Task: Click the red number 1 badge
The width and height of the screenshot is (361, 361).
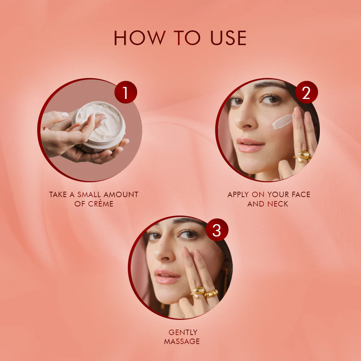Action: point(126,93)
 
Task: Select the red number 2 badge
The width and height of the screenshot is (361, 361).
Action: point(306,93)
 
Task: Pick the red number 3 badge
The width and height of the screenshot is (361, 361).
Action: point(217,230)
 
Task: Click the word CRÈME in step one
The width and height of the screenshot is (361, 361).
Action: point(101,204)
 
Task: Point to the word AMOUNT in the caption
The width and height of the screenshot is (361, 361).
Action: point(122,194)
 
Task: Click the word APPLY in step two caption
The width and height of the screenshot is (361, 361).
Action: point(238,194)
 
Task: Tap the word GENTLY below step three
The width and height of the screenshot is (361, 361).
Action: point(183,332)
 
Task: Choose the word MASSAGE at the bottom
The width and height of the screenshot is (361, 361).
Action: point(182,341)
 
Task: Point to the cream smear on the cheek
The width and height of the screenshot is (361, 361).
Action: point(282,122)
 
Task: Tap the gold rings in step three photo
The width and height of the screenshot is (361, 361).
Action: point(205,292)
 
